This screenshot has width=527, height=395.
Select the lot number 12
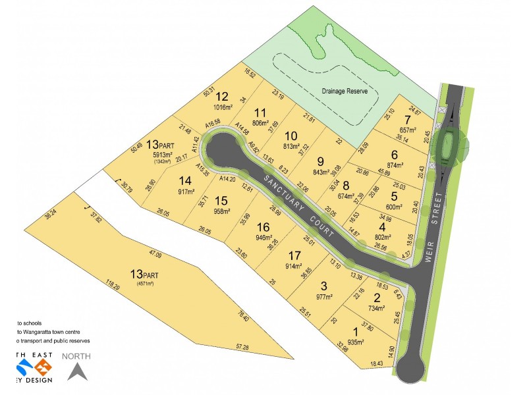click(x=222, y=96)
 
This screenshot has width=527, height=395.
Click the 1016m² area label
click(x=223, y=107)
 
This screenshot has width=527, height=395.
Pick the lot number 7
click(x=408, y=119)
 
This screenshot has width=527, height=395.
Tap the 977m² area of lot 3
click(x=324, y=297)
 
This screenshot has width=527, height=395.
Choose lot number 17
click(x=294, y=255)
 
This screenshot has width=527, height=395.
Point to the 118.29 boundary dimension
click(x=113, y=288)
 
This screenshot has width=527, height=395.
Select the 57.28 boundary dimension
click(x=242, y=347)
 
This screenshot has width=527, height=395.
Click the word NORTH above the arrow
click(x=76, y=356)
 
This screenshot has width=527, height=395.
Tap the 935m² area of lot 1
click(x=354, y=343)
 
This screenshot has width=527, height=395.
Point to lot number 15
click(x=222, y=201)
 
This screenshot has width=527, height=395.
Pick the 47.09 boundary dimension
click(x=155, y=253)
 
